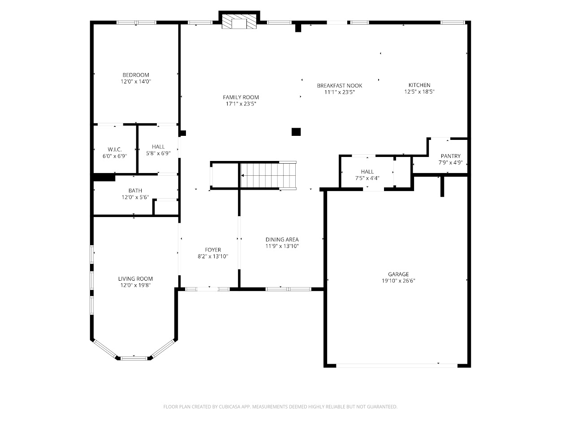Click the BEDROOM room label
136,75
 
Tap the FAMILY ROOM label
241,97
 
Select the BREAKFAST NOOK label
339,86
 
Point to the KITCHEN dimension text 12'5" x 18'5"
419,92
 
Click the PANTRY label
451,156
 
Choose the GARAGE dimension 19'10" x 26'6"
398,281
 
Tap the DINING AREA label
282,239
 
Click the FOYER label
213,250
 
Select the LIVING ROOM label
135,278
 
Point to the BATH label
135,191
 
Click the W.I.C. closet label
115,149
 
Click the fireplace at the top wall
239,21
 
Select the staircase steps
268,175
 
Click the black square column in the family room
296,132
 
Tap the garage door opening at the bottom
397,366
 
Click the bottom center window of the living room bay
134,358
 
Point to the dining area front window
288,289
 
